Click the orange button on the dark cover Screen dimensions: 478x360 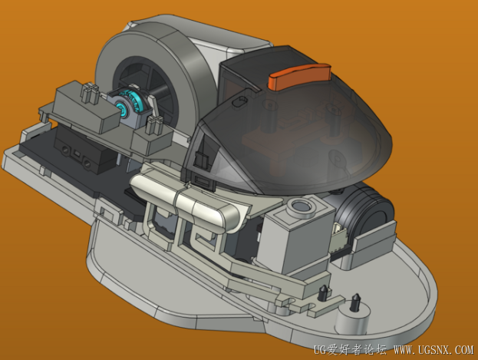[299, 76]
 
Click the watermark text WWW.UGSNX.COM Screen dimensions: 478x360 [433, 349]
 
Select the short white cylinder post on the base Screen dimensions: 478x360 [353, 318]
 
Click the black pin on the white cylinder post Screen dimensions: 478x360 [354, 302]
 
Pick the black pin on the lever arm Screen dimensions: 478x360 [322, 293]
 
